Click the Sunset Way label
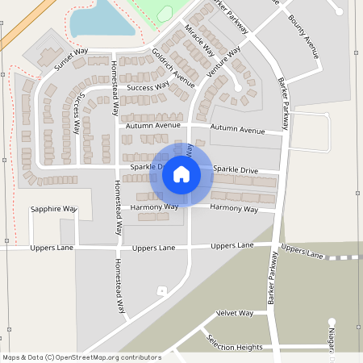[70, 60]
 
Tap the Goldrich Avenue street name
[173, 69]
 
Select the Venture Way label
[223, 62]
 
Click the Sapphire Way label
[53, 209]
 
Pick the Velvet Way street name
[234, 313]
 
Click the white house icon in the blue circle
[181, 174]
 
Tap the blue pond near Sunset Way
[101, 18]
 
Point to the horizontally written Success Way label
[148, 86]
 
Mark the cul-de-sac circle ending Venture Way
[238, 87]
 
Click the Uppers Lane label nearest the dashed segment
[302, 252]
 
